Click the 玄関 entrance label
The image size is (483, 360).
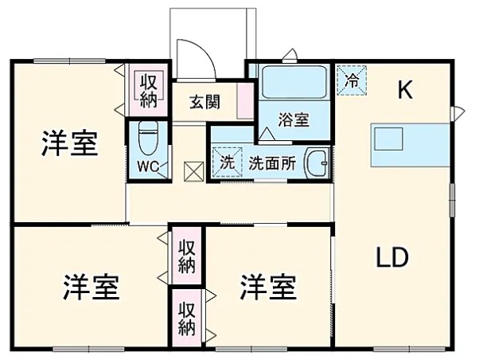tap(205, 102)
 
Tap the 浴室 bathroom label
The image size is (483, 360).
tap(294, 120)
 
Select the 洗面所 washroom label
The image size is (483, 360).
tap(271, 162)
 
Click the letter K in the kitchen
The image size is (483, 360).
tap(405, 91)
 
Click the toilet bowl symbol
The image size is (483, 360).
tap(148, 139)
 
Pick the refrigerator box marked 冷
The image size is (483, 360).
tap(351, 78)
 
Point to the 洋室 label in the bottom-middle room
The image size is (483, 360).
tap(268, 285)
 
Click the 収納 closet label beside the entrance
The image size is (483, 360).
tap(149, 89)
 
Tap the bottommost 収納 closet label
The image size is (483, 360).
tap(186, 318)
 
